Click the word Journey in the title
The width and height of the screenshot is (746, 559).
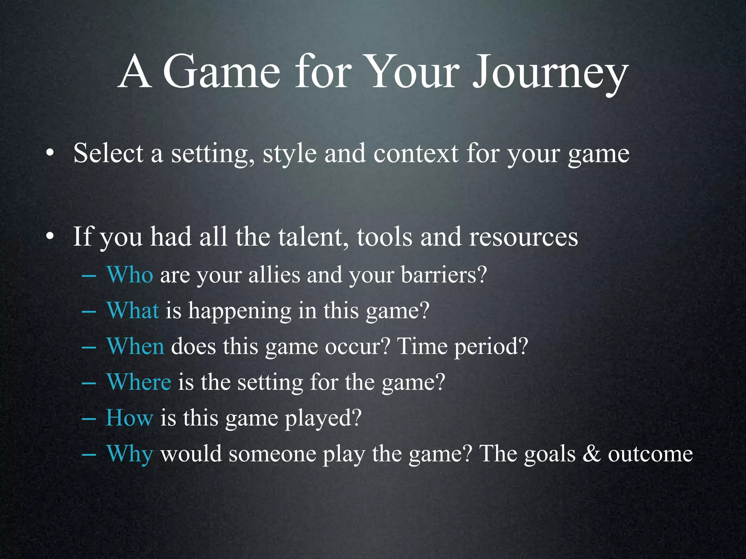click(x=550, y=73)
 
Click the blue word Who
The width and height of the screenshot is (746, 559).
click(x=130, y=275)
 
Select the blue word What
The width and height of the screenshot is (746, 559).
click(x=133, y=311)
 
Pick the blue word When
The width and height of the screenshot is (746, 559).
click(x=136, y=346)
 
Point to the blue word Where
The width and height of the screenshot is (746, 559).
click(x=139, y=382)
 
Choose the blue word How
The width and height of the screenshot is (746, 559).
click(x=129, y=418)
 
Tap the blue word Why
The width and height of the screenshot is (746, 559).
click(x=130, y=454)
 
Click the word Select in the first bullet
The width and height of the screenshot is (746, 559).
click(x=108, y=153)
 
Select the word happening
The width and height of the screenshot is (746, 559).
click(x=239, y=312)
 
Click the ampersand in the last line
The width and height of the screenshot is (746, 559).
click(x=592, y=454)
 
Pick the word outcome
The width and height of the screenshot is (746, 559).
click(x=650, y=454)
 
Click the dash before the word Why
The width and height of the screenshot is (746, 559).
click(x=89, y=455)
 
